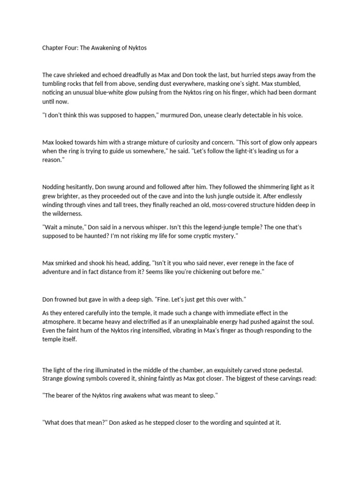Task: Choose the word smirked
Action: [x=68, y=264]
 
